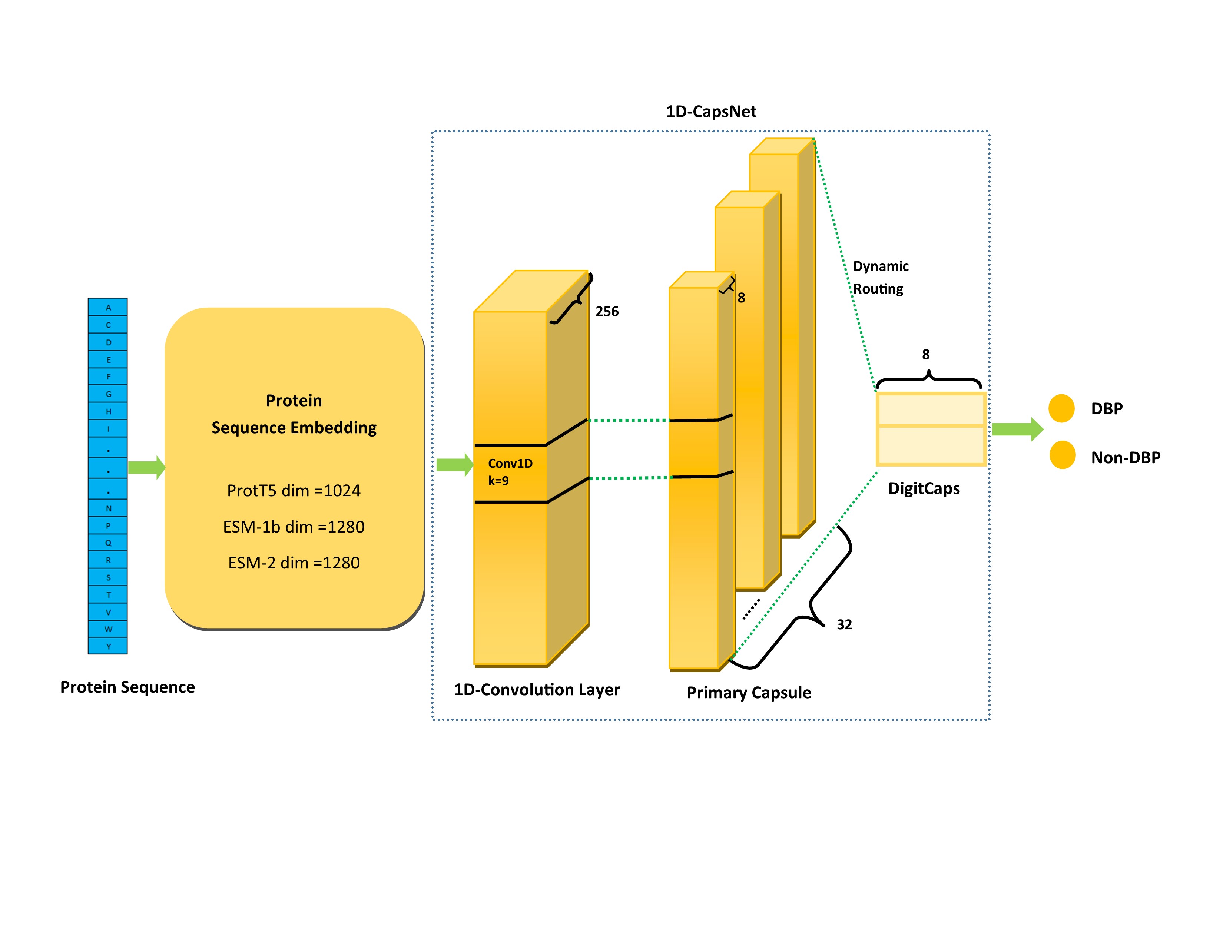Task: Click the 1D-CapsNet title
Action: [x=710, y=112]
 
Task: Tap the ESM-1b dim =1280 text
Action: [x=294, y=527]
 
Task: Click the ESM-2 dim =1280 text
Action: [x=294, y=563]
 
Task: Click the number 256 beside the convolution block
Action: [x=607, y=311]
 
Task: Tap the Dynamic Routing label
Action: [x=880, y=277]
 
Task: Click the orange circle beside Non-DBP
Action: [x=1062, y=455]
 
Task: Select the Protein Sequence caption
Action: [x=128, y=687]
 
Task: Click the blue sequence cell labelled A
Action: [x=108, y=307]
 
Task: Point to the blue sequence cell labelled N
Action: [x=108, y=508]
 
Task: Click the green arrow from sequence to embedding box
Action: [x=146, y=467]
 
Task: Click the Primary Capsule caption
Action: [x=749, y=693]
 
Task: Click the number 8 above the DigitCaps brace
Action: [x=926, y=354]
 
